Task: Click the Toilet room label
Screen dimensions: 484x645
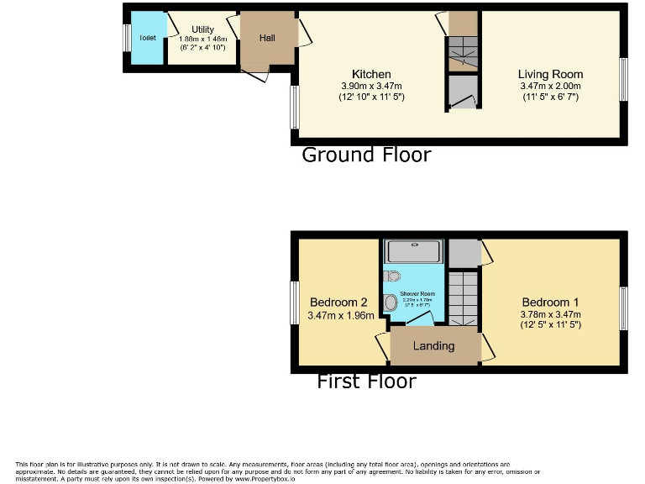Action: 148,38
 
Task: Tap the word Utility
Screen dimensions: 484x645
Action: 202,29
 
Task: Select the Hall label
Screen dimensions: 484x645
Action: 267,38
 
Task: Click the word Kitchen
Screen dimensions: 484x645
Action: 371,74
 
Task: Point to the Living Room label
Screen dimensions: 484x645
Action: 550,74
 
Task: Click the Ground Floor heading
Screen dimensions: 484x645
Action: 366,155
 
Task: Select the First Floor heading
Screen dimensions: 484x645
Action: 366,381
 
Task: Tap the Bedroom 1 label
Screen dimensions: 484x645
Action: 550,302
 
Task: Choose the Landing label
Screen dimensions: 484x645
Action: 433,345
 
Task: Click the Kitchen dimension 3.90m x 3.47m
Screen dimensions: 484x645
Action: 371,86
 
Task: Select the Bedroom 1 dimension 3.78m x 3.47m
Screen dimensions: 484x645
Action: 550,315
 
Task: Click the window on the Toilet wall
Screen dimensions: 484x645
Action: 127,38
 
